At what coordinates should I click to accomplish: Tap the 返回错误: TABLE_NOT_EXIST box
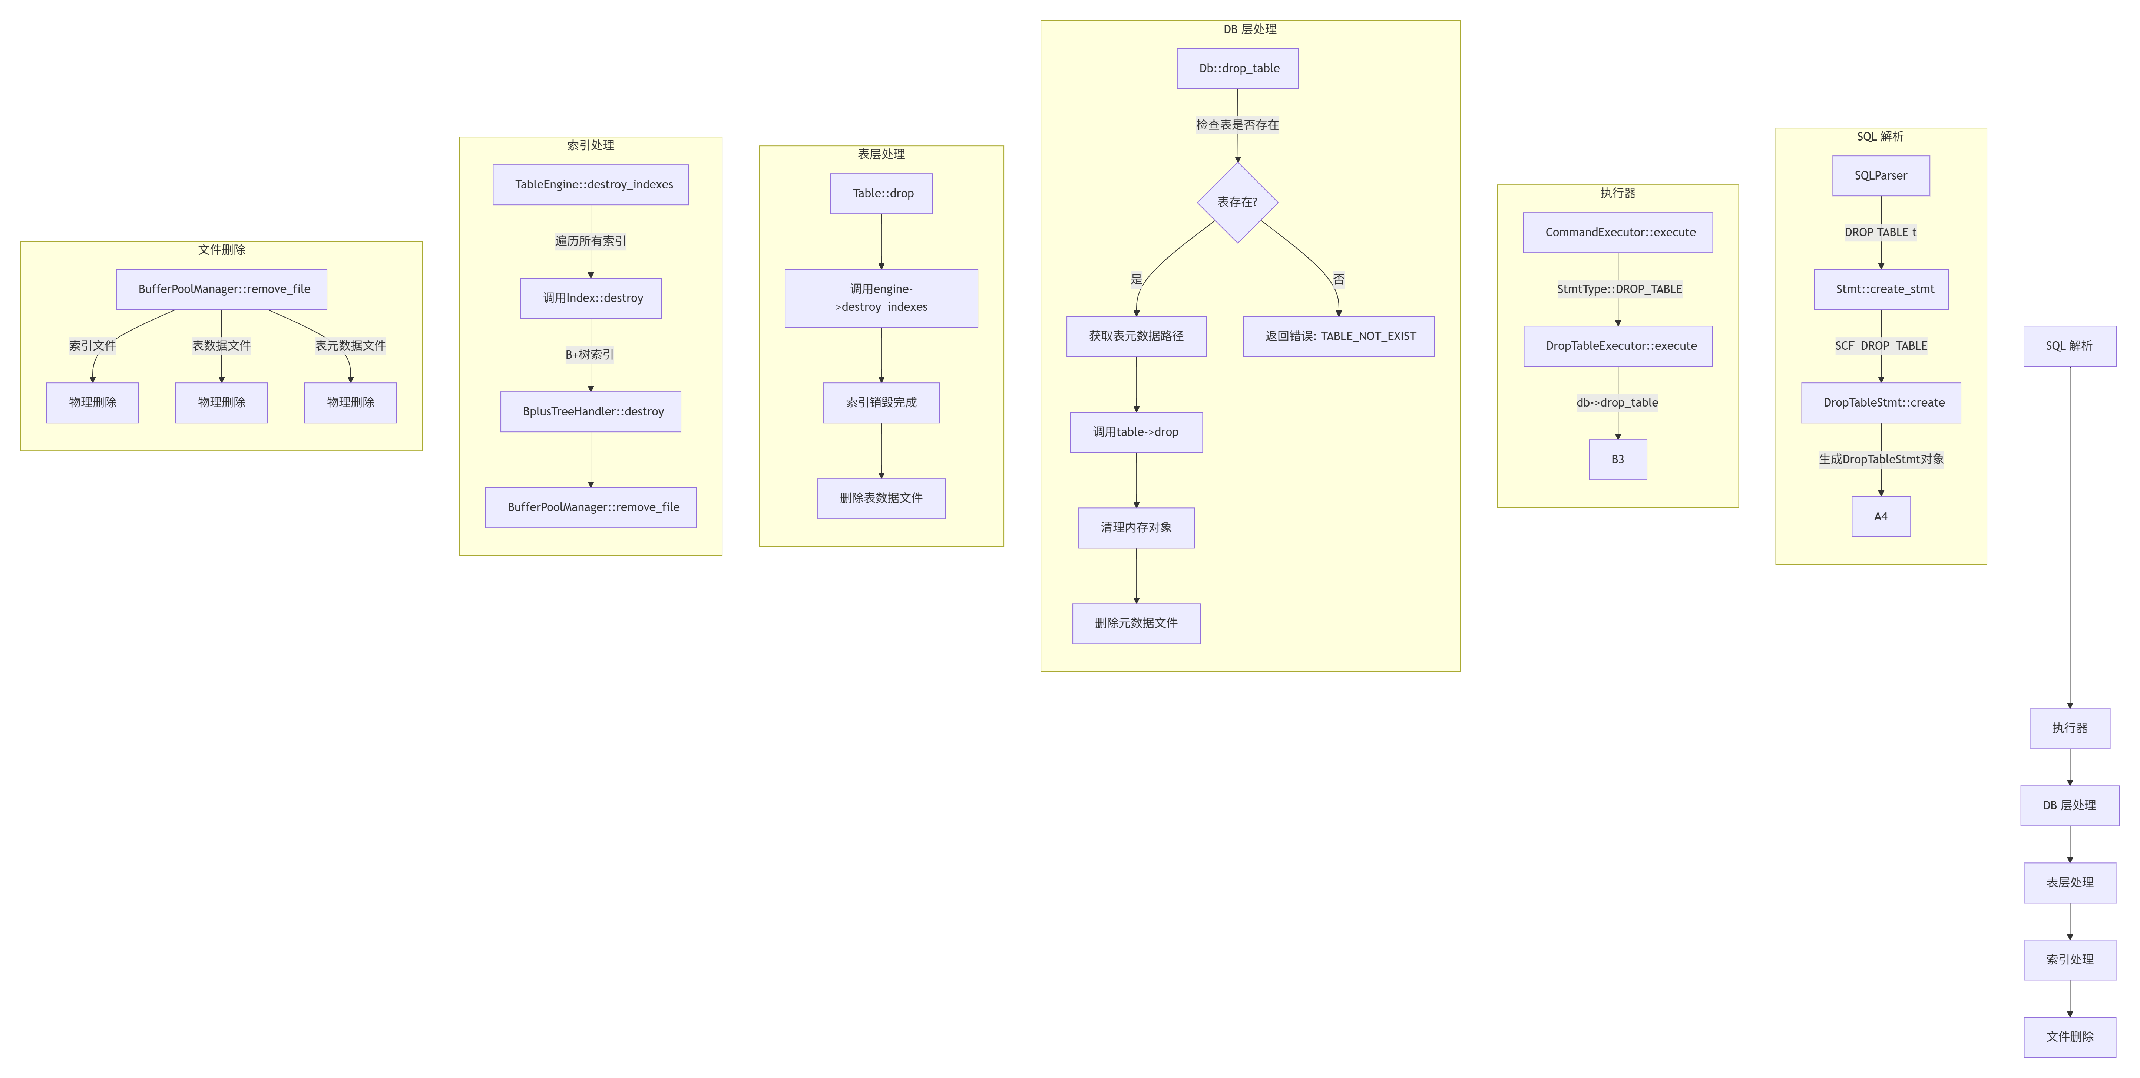[1338, 336]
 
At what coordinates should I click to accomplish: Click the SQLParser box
[1881, 175]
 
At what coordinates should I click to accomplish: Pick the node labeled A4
[1881, 516]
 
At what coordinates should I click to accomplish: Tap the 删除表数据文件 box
[882, 498]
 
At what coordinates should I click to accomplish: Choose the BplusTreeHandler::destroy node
[591, 411]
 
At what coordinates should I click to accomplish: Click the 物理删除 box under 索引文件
[92, 402]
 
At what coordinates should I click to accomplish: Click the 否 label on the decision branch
[1338, 279]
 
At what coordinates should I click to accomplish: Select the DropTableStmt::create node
[1881, 402]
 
